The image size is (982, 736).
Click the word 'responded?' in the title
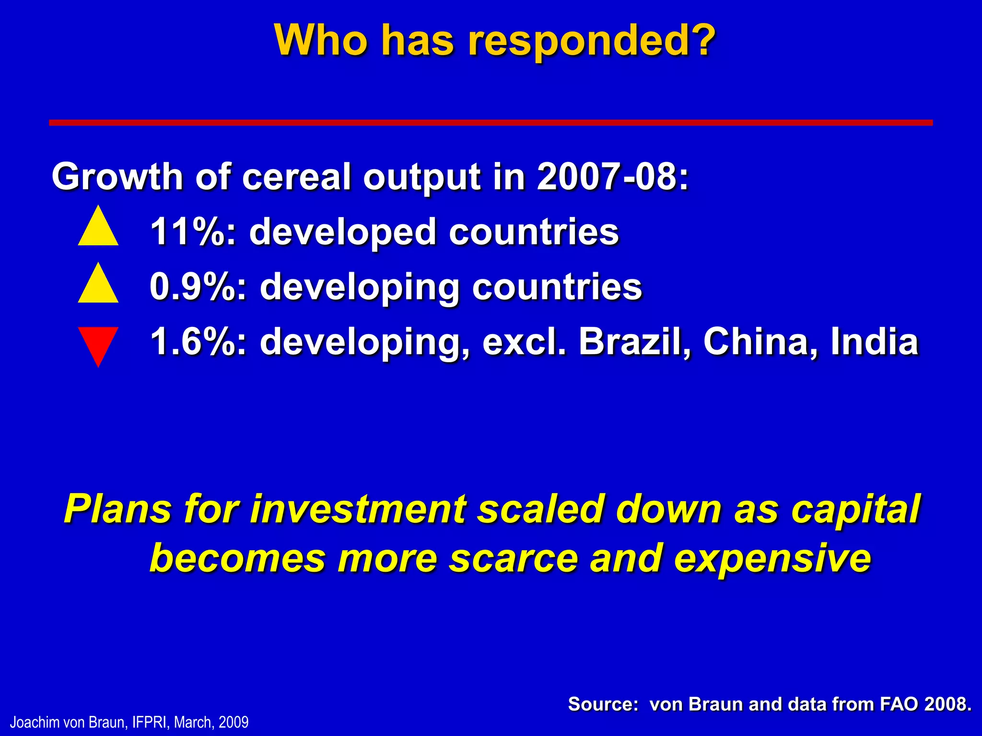(592, 41)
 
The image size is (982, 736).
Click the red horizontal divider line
(491, 123)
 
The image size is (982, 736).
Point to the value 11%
(192, 232)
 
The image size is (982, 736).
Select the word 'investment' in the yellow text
(358, 509)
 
